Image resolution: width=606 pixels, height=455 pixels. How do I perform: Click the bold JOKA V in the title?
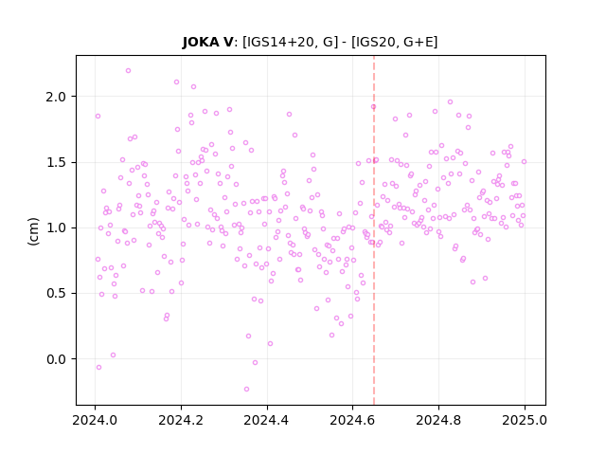click(208, 42)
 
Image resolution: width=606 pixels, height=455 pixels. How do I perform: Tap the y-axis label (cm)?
click(34, 231)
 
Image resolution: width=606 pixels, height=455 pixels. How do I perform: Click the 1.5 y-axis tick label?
click(56, 162)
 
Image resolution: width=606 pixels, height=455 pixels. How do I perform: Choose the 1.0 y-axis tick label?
click(56, 227)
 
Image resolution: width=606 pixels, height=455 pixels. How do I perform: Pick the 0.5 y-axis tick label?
click(56, 294)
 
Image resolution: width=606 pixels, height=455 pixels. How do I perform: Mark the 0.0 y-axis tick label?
click(56, 359)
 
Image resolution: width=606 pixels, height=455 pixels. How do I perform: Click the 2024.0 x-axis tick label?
click(95, 420)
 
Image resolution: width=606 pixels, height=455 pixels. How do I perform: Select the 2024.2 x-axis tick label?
click(181, 420)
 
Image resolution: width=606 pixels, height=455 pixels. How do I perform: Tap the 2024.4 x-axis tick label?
click(267, 420)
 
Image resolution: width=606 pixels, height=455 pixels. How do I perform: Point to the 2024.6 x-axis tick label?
click(352, 420)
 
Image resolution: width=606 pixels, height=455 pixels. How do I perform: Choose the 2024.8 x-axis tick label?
click(438, 420)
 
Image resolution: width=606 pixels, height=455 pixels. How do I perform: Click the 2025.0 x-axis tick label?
click(525, 420)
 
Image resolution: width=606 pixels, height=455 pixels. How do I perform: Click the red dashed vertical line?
click(374, 230)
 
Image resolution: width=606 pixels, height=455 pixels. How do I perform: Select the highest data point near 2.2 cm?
click(129, 71)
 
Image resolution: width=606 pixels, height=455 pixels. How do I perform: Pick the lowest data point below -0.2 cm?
click(246, 390)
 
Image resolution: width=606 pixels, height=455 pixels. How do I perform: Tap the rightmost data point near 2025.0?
click(524, 162)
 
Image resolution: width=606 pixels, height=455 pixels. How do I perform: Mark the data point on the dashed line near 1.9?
click(373, 107)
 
